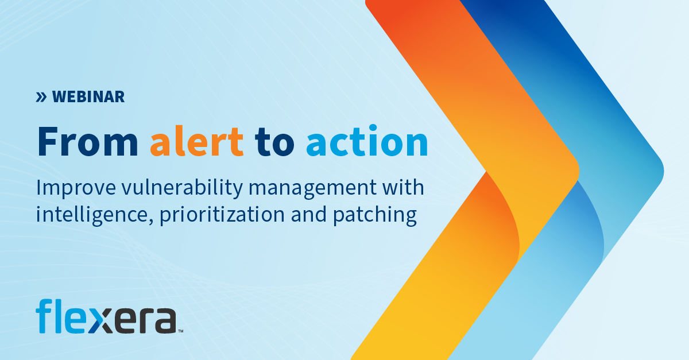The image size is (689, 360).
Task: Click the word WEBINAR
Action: coord(88,97)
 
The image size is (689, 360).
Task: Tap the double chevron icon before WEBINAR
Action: coord(41,97)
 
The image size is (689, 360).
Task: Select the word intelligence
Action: coord(90,215)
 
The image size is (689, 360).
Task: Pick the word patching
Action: coord(380,215)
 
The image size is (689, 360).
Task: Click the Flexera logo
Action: coord(106,316)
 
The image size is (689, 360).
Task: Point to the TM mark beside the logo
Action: coord(180,331)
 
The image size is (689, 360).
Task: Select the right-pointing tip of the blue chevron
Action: coord(661,171)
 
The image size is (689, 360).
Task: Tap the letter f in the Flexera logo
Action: coord(44,316)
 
